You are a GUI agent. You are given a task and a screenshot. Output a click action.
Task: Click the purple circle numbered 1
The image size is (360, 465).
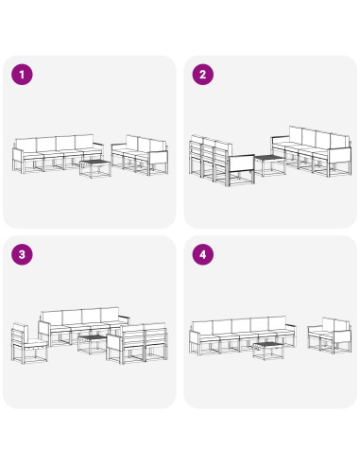coord(22,75)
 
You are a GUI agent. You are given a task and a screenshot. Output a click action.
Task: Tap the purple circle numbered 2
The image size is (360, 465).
coord(203,75)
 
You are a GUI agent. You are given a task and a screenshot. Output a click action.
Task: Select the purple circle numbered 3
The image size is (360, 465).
coord(22,254)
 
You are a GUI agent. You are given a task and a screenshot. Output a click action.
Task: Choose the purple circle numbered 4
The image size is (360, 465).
coord(203,254)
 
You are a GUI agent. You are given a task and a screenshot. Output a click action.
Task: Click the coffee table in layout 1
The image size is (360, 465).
coord(95,168)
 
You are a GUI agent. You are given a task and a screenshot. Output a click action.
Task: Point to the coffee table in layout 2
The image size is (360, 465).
coord(269,164)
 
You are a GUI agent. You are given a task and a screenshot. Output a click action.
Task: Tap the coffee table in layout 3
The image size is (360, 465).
coord(92,344)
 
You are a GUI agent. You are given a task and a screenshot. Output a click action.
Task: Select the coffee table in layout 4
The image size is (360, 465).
coord(268,351)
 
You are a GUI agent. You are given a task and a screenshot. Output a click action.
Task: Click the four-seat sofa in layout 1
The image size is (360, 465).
coord(58,153)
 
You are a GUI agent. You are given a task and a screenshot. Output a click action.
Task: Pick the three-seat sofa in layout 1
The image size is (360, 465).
coord(140,155)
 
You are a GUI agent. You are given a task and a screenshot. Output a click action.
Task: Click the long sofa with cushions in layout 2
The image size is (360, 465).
coord(312,151)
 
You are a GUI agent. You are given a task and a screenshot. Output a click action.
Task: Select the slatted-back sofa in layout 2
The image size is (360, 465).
coord(222,161)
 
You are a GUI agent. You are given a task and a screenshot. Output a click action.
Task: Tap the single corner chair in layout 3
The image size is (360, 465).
coord(29,344)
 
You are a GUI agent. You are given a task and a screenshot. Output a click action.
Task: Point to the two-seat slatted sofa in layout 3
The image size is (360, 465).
coord(137,343)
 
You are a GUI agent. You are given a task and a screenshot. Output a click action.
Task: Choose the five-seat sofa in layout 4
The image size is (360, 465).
coord(243,336)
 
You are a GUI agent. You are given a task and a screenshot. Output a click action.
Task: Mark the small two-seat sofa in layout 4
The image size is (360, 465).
coord(329,335)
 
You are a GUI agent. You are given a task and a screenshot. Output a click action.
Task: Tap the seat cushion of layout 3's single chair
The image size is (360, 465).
coord(35,345)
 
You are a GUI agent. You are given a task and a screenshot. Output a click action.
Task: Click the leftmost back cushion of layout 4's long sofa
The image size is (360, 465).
coord(202,328)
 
